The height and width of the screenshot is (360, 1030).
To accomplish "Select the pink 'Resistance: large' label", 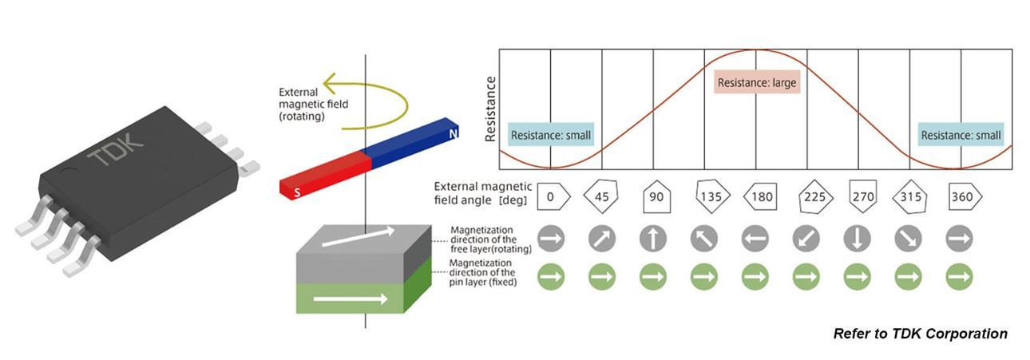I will pos(756,82).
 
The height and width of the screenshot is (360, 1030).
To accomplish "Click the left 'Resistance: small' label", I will pos(551,135).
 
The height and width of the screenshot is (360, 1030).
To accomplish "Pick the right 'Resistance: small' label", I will pos(961,135).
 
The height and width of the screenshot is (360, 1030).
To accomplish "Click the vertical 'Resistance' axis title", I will pos(491,109).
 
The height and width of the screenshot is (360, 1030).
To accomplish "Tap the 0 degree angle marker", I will pos(552,196).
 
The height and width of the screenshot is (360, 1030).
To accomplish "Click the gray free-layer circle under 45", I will pos(602,239).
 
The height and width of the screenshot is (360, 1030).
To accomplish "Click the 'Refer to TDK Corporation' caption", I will pos(920,334).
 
